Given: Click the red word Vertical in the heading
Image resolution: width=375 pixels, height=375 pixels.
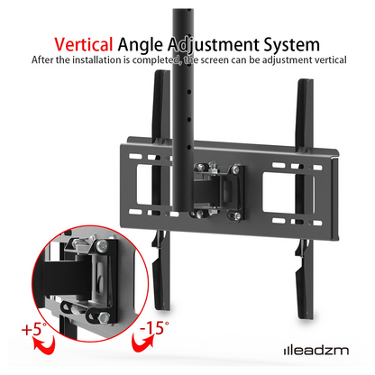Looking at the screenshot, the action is click(84, 44).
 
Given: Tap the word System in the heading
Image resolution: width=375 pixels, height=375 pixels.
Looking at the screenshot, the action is click(292, 45).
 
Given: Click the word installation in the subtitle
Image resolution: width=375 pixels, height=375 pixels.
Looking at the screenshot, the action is click(97, 59).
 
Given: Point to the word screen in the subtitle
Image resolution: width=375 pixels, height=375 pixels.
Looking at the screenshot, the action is click(215, 60).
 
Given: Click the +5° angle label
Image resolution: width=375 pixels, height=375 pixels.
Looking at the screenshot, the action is click(34, 328).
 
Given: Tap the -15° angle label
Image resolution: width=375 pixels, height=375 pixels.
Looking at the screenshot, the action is click(154, 327).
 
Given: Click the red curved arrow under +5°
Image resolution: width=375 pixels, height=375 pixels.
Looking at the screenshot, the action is click(44, 344).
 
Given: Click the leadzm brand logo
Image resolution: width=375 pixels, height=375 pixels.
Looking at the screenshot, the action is click(316, 351).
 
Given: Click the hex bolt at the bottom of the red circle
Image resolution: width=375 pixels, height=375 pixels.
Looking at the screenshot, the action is click(104, 316).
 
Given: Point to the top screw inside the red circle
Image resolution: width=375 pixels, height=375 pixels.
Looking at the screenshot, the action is click(102, 246).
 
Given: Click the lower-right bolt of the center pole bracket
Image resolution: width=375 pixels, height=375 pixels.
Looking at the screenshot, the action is click(237, 215).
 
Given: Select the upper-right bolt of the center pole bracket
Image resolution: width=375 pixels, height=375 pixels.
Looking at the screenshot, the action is click(236, 169).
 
